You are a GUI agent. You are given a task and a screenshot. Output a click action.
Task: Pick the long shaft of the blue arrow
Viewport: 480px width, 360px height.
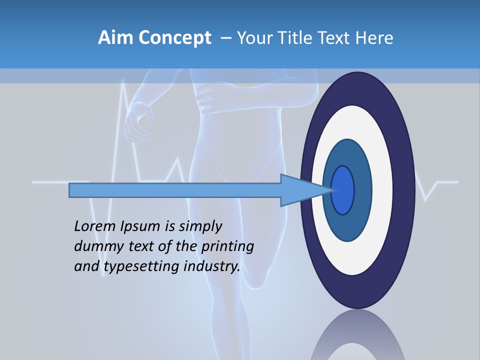(175, 190)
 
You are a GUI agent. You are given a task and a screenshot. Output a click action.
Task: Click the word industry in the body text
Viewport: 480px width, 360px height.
(212, 266)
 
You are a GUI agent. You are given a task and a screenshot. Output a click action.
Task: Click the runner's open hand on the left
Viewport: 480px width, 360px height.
(137, 122)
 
